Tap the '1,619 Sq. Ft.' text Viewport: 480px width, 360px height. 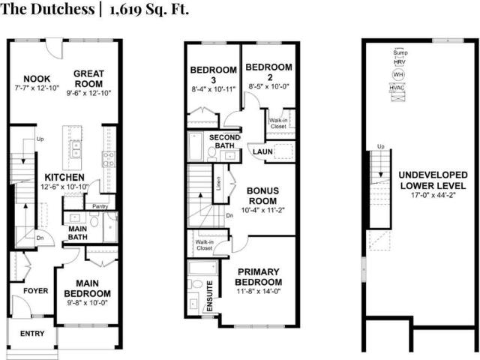[148, 10]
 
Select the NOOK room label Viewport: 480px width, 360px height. [36, 79]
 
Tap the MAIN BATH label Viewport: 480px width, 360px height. [77, 232]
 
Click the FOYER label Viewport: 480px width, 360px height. [35, 290]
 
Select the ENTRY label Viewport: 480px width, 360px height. [32, 333]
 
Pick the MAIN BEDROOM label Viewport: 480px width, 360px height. [87, 288]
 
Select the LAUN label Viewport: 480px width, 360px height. [262, 152]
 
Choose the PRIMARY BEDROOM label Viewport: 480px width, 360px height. [259, 277]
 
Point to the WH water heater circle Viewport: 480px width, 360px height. [397, 75]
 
